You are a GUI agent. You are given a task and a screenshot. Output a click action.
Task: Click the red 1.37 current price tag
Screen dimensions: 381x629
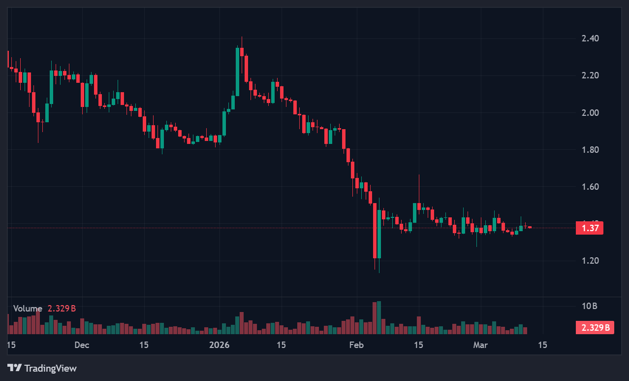pos(590,228)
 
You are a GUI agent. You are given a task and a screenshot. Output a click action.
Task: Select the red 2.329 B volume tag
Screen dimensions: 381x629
pos(595,327)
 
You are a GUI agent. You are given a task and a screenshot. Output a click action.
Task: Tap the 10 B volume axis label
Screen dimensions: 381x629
pos(589,306)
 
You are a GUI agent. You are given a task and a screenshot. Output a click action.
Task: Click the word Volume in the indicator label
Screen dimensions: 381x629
pos(28,309)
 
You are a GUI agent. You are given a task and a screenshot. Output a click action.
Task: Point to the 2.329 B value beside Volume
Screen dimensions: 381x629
pos(62,309)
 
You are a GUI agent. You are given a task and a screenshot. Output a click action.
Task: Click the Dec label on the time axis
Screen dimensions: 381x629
pos(82,345)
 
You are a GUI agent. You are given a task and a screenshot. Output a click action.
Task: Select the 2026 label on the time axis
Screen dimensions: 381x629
pos(220,345)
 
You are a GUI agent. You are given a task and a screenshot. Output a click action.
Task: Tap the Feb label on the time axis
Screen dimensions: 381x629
pos(356,345)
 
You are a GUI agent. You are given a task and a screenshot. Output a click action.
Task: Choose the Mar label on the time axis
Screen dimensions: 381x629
pos(480,345)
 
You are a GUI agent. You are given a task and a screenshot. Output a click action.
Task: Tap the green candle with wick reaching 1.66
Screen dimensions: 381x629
pos(415,212)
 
